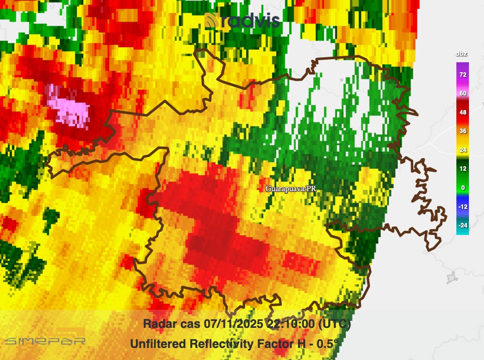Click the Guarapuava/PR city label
290,189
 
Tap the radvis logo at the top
242,21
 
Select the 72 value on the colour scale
462,75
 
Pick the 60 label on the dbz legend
462,93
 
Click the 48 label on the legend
462,112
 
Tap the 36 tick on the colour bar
462,131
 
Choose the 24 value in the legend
462,150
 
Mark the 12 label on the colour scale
462,169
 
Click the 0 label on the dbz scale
462,188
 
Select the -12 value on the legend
462,206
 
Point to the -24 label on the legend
462,225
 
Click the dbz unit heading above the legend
462,54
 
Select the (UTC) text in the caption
334,324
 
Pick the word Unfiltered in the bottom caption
157,344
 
